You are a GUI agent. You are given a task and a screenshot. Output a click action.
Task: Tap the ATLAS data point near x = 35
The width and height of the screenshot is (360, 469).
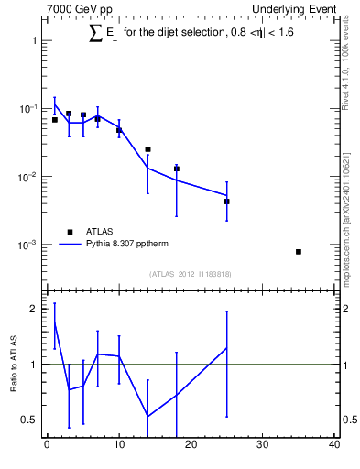click(x=299, y=251)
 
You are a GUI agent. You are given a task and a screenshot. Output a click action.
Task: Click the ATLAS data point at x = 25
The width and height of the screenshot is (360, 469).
click(x=226, y=201)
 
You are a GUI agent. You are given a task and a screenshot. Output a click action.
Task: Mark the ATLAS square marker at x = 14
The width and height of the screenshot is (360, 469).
click(x=147, y=148)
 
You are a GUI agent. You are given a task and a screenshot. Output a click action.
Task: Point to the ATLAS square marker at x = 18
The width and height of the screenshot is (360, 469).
click(x=177, y=169)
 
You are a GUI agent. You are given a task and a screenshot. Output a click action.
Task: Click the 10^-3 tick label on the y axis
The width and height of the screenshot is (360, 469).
click(x=29, y=245)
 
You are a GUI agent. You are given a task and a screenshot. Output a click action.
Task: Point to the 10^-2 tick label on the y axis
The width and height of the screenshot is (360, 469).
click(x=29, y=176)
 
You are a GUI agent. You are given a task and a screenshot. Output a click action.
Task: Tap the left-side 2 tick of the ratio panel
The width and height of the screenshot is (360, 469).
click(x=35, y=309)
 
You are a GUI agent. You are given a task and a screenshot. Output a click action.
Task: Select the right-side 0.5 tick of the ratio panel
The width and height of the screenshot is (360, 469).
click(x=347, y=420)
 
